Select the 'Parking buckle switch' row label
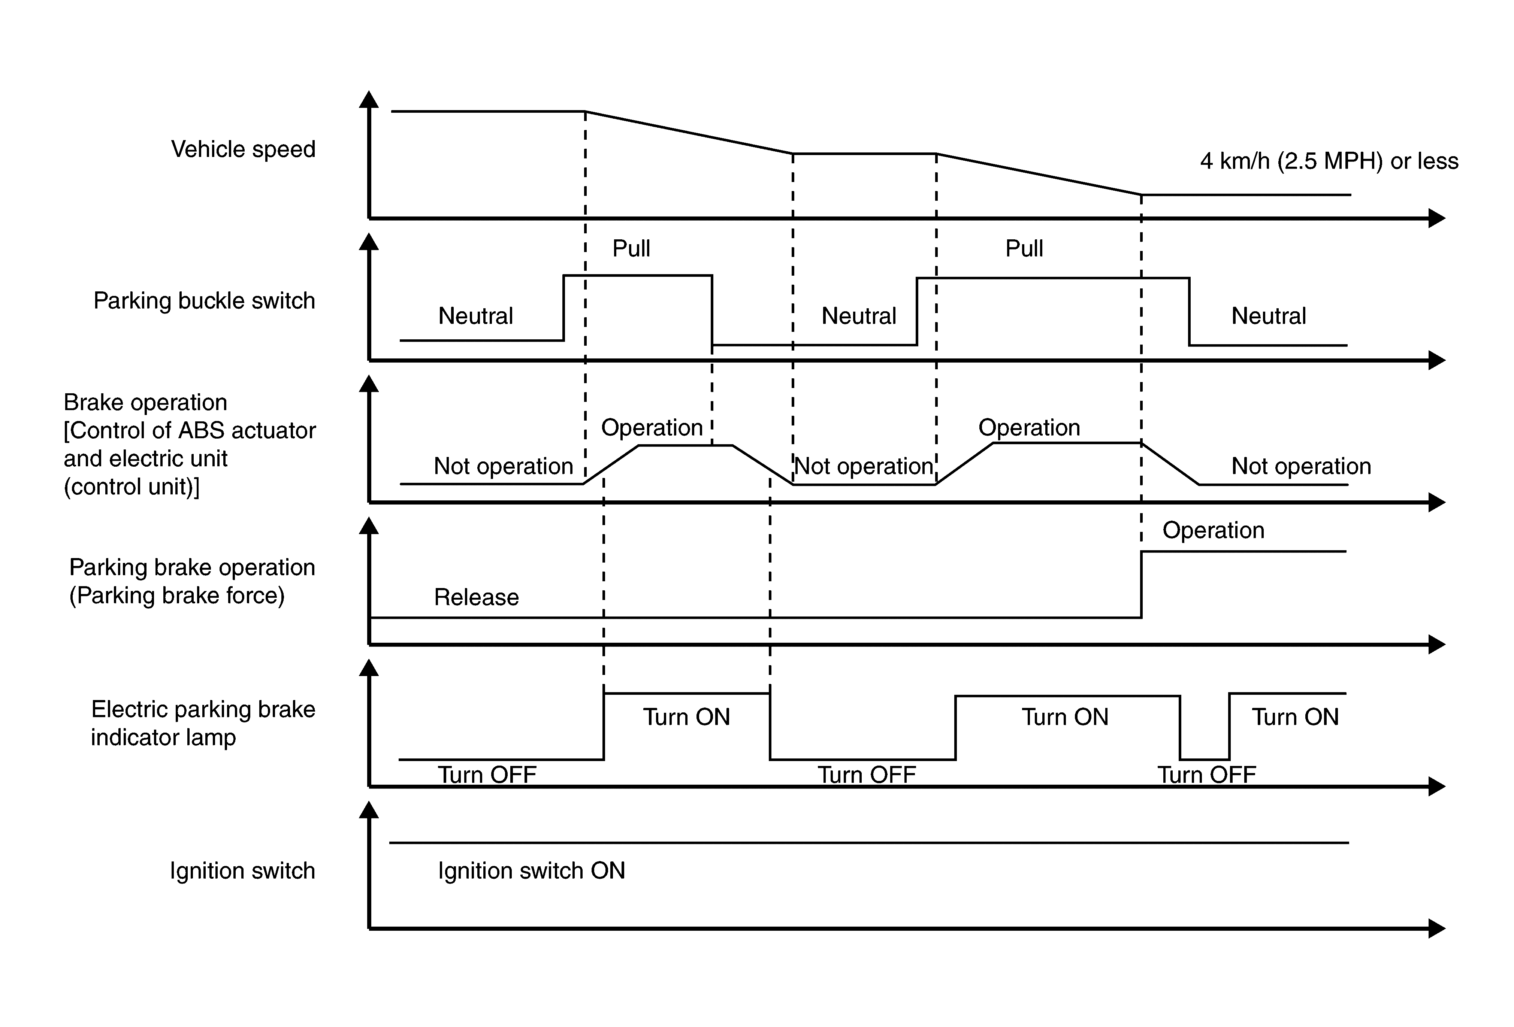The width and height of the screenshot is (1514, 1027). (x=204, y=301)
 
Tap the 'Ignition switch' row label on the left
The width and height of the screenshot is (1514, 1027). (x=242, y=871)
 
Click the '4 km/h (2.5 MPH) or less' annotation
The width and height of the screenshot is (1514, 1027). (x=1329, y=161)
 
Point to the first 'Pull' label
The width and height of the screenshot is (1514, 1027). (x=631, y=248)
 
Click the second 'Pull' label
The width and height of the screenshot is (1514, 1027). (x=1024, y=248)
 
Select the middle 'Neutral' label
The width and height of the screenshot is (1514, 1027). (x=859, y=316)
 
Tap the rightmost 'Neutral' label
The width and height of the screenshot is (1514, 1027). (x=1268, y=316)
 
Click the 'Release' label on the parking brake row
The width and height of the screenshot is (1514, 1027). (x=476, y=597)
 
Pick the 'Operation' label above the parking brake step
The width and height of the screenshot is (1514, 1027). (x=1213, y=530)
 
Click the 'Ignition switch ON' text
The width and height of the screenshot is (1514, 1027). (x=531, y=871)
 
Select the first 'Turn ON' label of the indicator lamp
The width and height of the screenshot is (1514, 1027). (x=687, y=717)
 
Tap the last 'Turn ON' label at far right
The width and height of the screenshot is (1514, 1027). (x=1295, y=717)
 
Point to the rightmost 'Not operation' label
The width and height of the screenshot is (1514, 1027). (x=1301, y=466)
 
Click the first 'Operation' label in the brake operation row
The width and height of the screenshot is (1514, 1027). (x=652, y=428)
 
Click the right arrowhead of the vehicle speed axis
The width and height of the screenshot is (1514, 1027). (x=1437, y=218)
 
